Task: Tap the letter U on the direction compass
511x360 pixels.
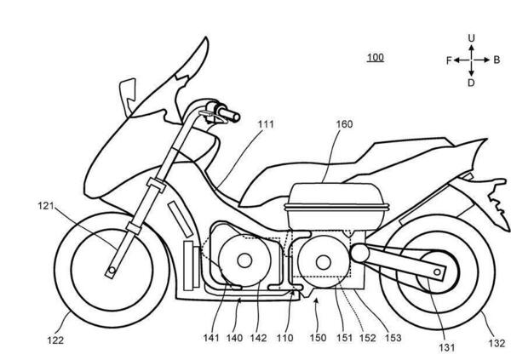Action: pos(471,38)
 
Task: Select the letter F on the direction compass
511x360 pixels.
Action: pos(448,61)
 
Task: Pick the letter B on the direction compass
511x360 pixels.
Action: pos(497,61)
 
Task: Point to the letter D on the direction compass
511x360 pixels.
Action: pos(471,83)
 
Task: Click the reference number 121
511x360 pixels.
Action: pos(48,206)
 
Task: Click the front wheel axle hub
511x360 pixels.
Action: pos(111,271)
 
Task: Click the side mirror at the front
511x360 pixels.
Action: pos(128,87)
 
